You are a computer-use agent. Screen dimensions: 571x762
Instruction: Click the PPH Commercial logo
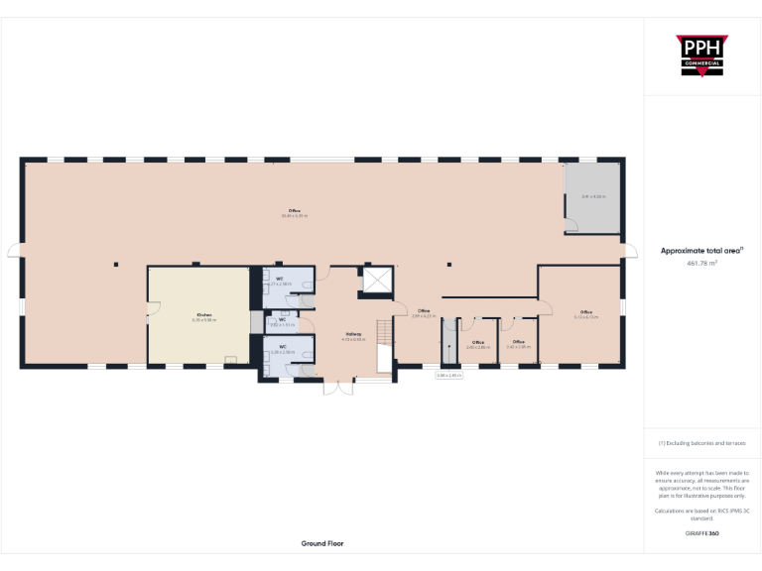(701, 56)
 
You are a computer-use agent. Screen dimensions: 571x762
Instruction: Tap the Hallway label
(353, 336)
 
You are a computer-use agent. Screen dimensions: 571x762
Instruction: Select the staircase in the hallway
(385, 343)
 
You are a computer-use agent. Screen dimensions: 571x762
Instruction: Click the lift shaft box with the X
(379, 281)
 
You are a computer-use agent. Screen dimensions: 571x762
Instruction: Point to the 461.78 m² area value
(701, 264)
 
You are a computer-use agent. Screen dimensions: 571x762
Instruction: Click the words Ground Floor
(322, 543)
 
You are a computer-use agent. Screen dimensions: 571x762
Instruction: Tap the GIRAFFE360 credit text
(701, 533)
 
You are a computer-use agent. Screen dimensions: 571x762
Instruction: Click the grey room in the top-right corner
(593, 196)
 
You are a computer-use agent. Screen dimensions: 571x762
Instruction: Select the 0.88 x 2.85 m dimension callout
(449, 375)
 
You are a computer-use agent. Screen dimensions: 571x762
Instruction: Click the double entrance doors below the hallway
(337, 387)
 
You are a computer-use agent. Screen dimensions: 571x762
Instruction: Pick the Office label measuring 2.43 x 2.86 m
(477, 344)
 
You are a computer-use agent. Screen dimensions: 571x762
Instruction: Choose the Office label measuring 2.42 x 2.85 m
(518, 344)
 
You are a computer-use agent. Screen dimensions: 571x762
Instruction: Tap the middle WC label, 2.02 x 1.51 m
(282, 321)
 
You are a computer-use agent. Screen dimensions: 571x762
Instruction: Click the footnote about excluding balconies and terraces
(701, 443)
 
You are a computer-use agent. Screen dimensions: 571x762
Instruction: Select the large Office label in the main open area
(294, 212)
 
